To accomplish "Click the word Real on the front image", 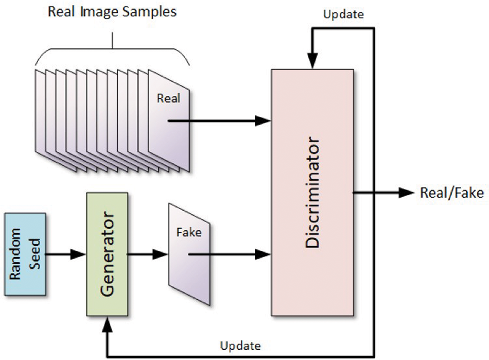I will coord(168,98).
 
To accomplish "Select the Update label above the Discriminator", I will coord(344,14).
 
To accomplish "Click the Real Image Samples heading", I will coord(112,11).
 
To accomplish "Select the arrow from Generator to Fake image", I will coord(148,254).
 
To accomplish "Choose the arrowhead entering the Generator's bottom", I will coord(107,323).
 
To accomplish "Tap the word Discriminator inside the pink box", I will coord(312,193).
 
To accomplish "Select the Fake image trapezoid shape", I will coord(189,252).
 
